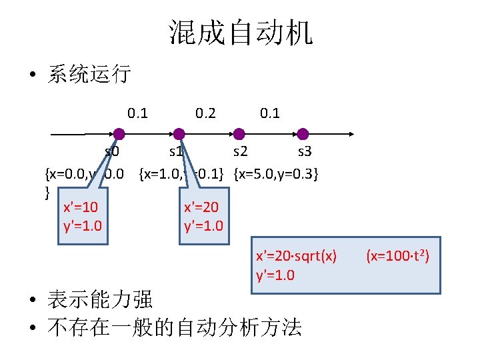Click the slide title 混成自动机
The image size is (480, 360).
click(x=241, y=32)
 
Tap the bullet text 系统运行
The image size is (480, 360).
click(x=89, y=73)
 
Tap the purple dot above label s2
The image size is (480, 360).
click(x=240, y=134)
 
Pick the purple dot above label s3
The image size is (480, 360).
click(x=302, y=134)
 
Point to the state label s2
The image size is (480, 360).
click(x=241, y=152)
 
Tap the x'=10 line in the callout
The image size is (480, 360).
click(x=80, y=208)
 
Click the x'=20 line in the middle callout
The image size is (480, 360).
click(x=201, y=208)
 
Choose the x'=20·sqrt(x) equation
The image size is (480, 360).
click(x=297, y=256)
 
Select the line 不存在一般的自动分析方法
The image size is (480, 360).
click(x=173, y=327)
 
